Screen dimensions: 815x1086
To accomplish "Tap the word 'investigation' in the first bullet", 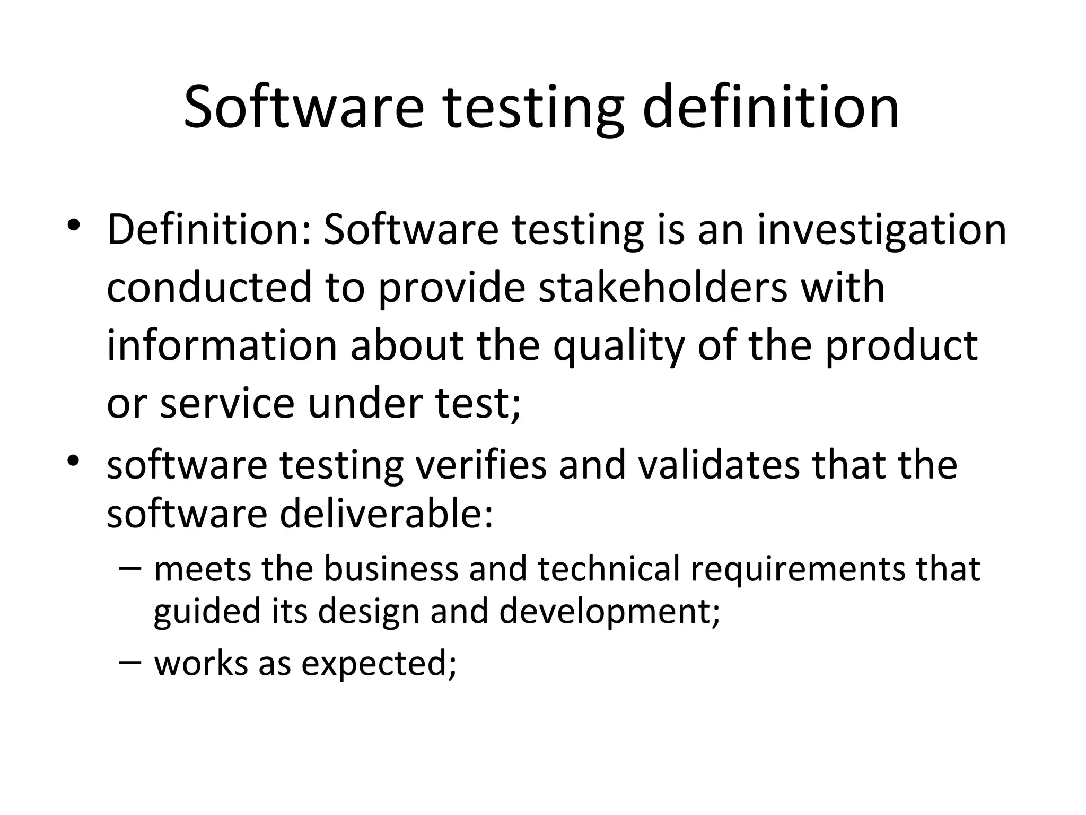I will tap(881, 231).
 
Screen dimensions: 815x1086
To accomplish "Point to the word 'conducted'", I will tap(209, 288).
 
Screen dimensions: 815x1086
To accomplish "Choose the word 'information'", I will tap(222, 346).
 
